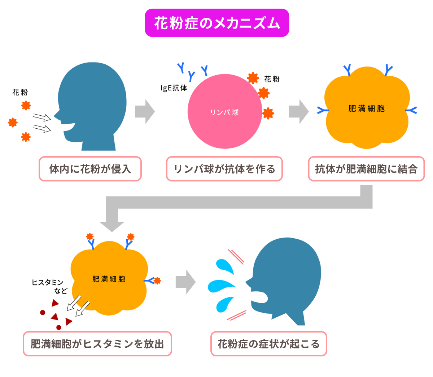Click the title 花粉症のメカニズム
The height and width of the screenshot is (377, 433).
click(x=217, y=23)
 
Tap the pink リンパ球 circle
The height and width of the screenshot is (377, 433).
click(x=224, y=112)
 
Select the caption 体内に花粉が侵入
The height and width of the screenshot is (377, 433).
click(x=90, y=169)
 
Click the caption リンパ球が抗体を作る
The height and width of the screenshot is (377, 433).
click(x=224, y=169)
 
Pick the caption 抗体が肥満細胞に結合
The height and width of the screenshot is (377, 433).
click(x=366, y=169)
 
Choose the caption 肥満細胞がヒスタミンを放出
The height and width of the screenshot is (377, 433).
click(x=97, y=344)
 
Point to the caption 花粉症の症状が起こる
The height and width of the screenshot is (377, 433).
click(x=268, y=344)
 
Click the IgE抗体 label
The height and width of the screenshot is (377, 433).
click(x=174, y=88)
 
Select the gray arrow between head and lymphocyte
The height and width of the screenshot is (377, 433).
click(x=144, y=112)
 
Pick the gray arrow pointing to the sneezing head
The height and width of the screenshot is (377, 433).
click(x=185, y=282)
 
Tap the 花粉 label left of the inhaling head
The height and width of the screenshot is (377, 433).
click(x=20, y=93)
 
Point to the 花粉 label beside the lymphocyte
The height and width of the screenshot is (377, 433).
click(x=272, y=79)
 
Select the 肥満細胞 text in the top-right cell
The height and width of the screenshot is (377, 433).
click(x=366, y=108)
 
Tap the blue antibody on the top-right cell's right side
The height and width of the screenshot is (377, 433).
click(x=411, y=110)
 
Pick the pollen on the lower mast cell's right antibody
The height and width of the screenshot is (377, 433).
click(x=157, y=280)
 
